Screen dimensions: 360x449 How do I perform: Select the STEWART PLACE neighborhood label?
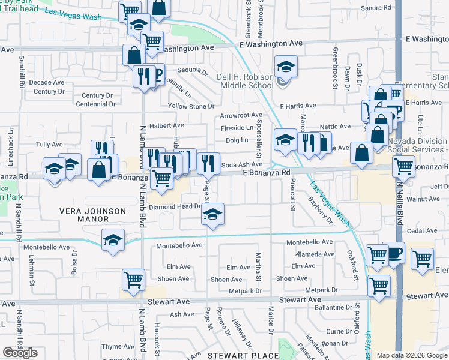click(x=235, y=356)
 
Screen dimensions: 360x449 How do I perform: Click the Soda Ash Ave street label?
click(x=242, y=164)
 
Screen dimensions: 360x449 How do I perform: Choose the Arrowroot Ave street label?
click(x=241, y=115)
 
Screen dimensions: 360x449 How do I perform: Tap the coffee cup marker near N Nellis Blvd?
click(x=394, y=253)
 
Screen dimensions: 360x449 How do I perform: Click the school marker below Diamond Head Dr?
click(x=212, y=215)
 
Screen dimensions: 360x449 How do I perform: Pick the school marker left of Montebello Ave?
click(x=113, y=240)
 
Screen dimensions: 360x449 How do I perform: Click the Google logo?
click(x=20, y=353)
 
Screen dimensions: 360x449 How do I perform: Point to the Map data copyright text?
click(x=411, y=355)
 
